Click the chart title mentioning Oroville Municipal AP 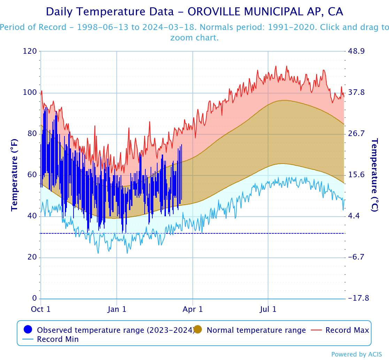tap(194, 12)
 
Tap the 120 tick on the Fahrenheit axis tap(30, 51)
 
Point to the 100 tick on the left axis tap(30, 92)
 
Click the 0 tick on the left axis tap(34, 299)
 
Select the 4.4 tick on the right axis tap(356, 216)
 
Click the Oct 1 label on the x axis tap(41, 309)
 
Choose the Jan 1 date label tap(117, 309)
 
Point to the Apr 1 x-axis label tap(193, 309)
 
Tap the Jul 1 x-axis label tap(268, 309)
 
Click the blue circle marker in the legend tap(28, 330)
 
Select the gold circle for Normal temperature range tap(198, 330)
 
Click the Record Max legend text tap(347, 330)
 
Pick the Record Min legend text tap(58, 339)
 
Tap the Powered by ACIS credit tap(357, 354)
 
